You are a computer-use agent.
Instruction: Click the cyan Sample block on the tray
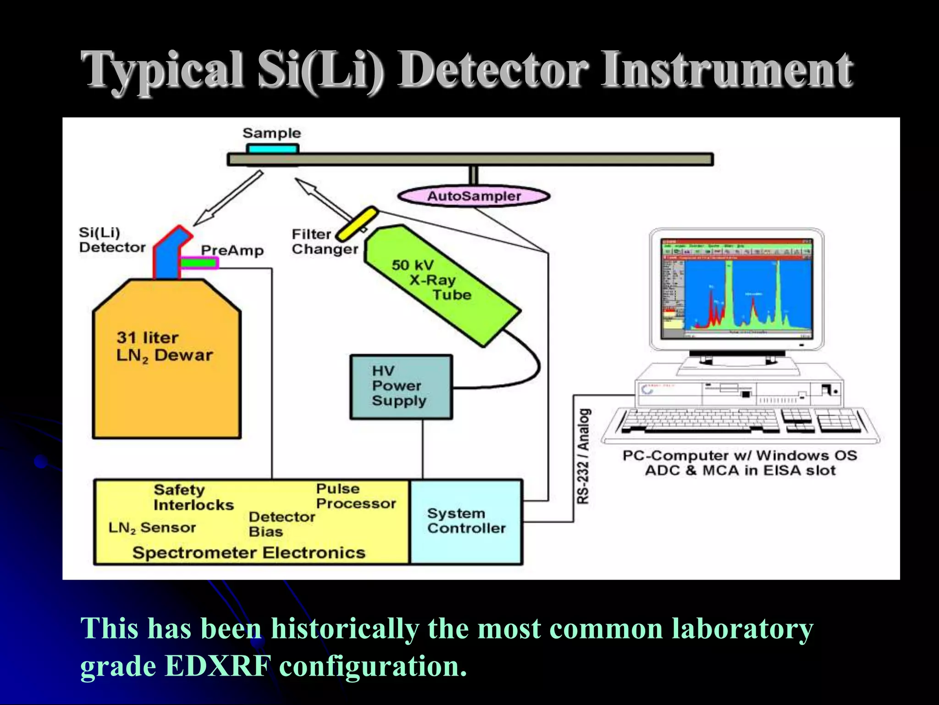point(273,149)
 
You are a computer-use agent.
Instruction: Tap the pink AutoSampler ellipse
point(474,196)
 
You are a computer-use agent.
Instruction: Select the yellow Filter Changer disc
point(357,224)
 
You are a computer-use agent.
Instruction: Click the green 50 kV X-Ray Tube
point(442,285)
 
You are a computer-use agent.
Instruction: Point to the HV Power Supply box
point(401,386)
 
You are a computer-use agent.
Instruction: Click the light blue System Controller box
point(466,521)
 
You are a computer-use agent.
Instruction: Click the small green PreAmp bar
point(198,263)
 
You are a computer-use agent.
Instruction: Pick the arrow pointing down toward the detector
point(227,199)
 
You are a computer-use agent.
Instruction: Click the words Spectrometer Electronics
point(249,553)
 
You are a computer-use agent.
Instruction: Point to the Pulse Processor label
point(356,496)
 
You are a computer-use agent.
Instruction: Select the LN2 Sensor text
point(152,528)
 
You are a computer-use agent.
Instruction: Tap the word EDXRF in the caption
point(218,666)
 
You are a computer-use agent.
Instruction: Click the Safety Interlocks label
point(193,497)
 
